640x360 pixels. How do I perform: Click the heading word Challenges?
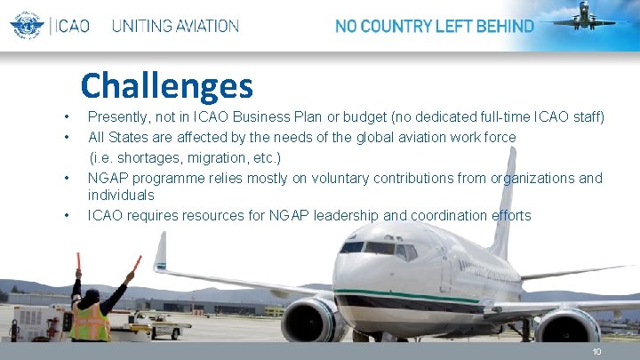[166, 86]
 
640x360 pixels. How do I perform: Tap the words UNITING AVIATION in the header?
[175, 26]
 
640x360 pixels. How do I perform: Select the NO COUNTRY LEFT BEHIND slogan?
[434, 26]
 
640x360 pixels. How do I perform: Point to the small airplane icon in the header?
[584, 17]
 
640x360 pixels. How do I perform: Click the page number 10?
[597, 351]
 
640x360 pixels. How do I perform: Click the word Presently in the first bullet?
[120, 116]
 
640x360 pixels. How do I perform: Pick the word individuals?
[121, 195]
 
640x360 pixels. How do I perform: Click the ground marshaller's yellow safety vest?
[90, 322]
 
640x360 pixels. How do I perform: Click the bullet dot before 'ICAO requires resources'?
[67, 216]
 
